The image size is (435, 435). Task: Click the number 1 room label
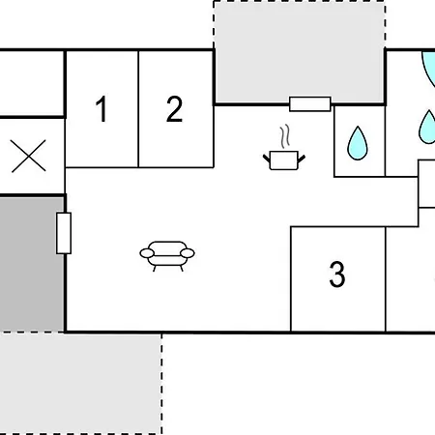101,109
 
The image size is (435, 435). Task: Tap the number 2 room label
174,109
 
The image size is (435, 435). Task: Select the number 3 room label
337,275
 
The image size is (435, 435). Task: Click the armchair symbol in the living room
167,256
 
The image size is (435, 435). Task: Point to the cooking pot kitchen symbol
284,160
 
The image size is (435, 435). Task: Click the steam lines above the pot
285,136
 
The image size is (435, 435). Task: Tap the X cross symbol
28,156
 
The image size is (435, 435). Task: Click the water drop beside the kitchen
358,143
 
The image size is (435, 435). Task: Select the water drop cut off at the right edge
427,127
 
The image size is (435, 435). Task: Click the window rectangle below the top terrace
310,104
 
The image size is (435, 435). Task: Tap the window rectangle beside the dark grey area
64,233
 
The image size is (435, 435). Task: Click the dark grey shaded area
32,264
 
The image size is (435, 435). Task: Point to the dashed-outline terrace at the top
300,52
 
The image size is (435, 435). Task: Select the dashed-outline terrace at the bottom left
80,384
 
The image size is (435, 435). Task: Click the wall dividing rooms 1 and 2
138,109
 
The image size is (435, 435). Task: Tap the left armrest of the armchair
147,253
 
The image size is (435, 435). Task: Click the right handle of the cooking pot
302,159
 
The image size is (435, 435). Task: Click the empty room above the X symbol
32,83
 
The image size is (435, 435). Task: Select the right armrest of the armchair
188,253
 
